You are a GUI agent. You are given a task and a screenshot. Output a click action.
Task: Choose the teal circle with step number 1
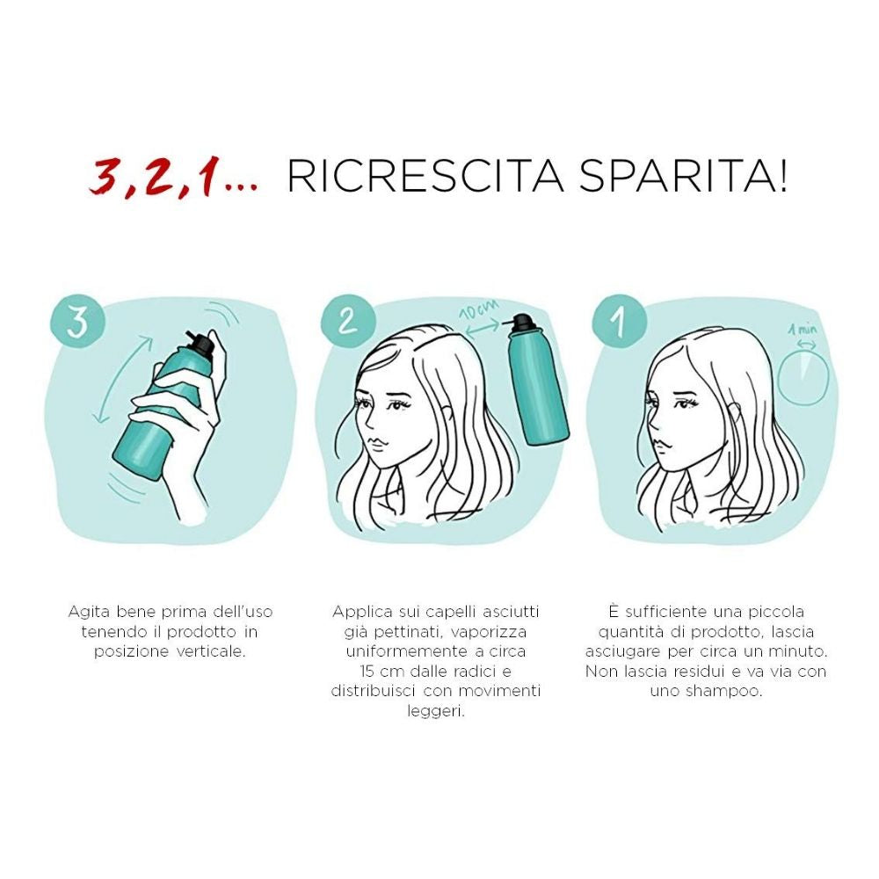pyautogui.click(x=618, y=322)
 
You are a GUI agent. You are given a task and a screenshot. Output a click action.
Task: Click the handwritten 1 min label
pyautogui.click(x=802, y=330)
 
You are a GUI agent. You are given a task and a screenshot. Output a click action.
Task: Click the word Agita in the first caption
pyautogui.click(x=90, y=611)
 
